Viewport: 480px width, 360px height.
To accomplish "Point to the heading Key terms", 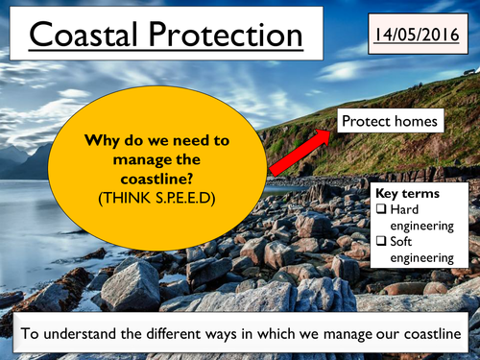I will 407,193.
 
